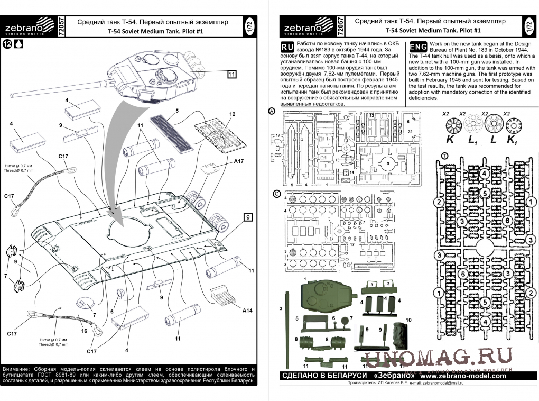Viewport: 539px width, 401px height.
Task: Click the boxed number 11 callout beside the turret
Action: click(x=232, y=74)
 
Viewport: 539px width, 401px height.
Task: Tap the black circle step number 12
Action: click(x=7, y=44)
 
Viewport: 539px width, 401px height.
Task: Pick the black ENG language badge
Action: click(x=419, y=45)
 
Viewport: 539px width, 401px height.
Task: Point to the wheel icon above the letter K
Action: click(x=450, y=125)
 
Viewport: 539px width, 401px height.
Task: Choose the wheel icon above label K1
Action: click(x=512, y=125)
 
